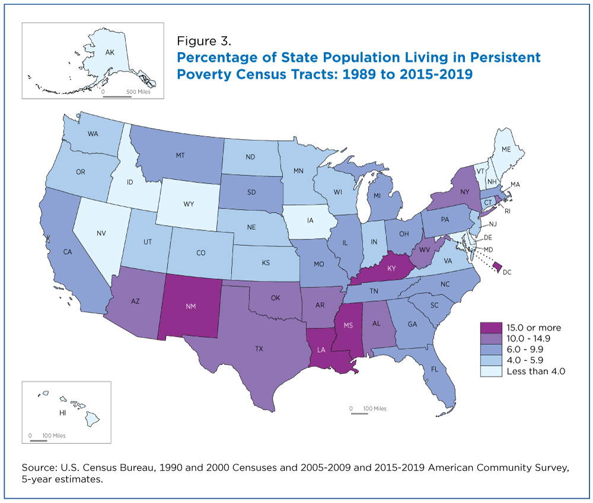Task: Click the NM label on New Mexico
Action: [190, 306]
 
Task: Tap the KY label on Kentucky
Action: [391, 268]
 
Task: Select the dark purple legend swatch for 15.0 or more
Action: [491, 328]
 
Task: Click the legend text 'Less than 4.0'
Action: [536, 371]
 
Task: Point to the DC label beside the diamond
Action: [507, 272]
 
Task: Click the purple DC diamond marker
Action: [499, 268]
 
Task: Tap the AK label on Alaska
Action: [110, 53]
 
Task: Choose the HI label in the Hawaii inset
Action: [63, 413]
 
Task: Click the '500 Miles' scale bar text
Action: [138, 91]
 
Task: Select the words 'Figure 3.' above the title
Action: [204, 41]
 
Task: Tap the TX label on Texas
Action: [259, 349]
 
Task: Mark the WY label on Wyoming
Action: [189, 204]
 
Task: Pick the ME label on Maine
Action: [506, 149]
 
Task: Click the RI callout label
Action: [508, 211]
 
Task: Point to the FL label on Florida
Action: [435, 369]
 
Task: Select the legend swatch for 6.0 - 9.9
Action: [491, 350]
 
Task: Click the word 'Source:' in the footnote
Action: [39, 468]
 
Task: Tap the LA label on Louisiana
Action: [321, 350]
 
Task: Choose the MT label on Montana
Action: [180, 155]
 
